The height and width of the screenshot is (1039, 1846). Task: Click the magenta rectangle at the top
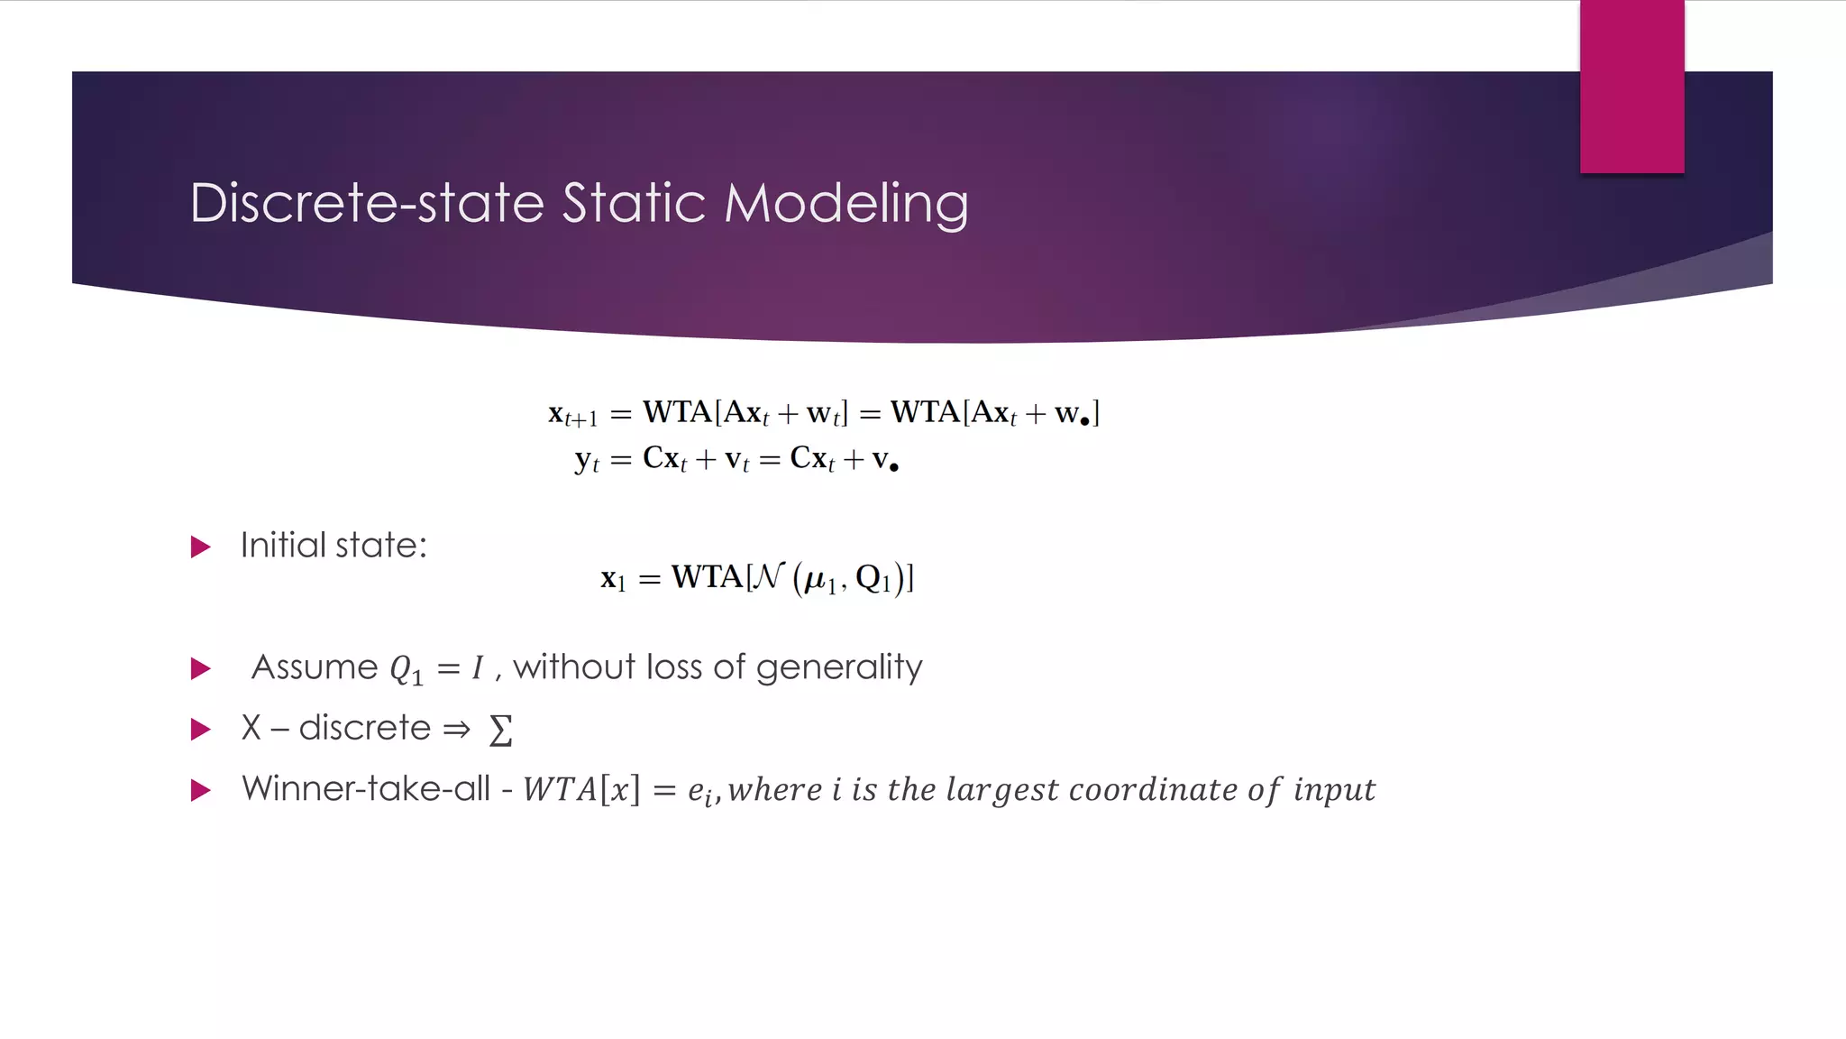coord(1631,86)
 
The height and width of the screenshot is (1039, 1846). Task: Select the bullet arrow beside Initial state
coord(201,547)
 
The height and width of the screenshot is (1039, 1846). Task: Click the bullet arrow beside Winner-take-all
coord(201,791)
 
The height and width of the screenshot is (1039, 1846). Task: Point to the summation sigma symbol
coord(500,730)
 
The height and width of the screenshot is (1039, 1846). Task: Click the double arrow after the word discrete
coord(457,729)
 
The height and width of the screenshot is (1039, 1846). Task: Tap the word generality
coord(838,668)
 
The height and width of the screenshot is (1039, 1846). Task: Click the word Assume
coord(315,667)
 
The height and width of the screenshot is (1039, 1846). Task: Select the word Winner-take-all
coord(366,788)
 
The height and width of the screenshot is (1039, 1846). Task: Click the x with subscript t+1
coord(572,414)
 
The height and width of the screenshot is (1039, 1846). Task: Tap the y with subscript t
coord(586,460)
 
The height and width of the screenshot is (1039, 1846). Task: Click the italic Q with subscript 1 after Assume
coord(405,670)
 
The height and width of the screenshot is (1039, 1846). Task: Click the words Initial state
coord(334,546)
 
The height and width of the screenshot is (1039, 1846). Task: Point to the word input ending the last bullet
coord(1334,790)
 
